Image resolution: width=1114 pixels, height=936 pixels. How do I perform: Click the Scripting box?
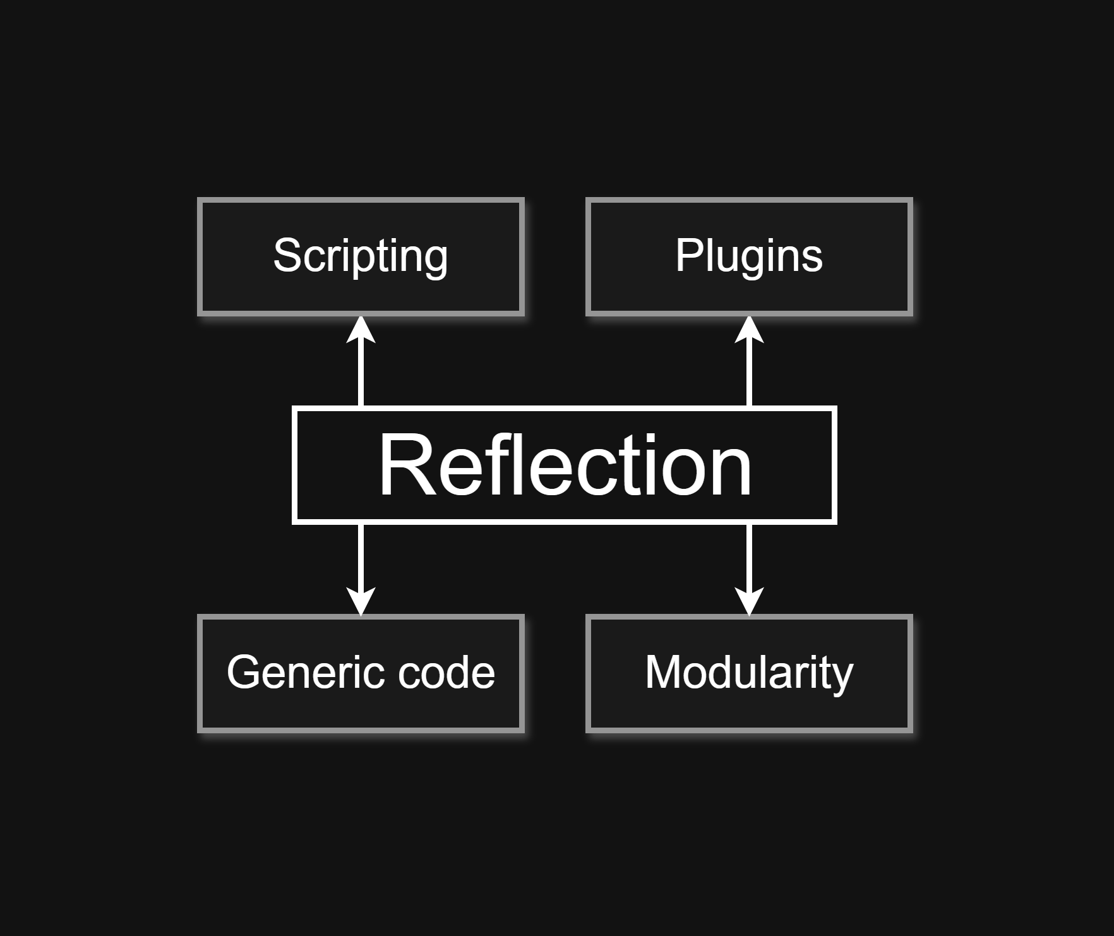point(361,256)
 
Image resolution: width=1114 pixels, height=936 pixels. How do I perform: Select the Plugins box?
point(749,256)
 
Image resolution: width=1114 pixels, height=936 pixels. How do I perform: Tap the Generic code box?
point(361,673)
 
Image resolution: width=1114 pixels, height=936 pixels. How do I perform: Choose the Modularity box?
point(749,673)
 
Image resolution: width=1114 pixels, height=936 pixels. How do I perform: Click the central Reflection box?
point(564,465)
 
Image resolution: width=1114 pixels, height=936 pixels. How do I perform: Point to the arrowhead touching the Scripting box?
point(361,330)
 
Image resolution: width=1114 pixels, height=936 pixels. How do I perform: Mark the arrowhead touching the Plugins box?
point(749,330)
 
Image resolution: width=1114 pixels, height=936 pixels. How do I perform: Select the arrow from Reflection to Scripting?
point(361,373)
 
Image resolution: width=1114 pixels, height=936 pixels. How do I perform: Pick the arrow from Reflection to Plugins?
point(749,373)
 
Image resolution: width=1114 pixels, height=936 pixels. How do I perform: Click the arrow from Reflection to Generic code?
point(361,556)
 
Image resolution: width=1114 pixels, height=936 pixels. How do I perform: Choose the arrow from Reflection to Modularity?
point(749,556)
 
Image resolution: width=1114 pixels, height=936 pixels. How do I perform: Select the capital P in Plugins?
point(688,255)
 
